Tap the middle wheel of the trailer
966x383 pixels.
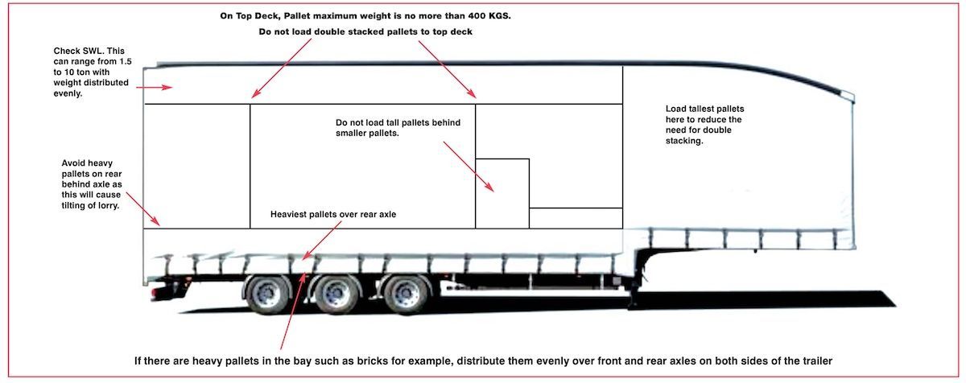(332, 294)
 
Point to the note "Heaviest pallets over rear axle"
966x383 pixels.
(333, 215)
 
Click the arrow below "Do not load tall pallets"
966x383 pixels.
(469, 167)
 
